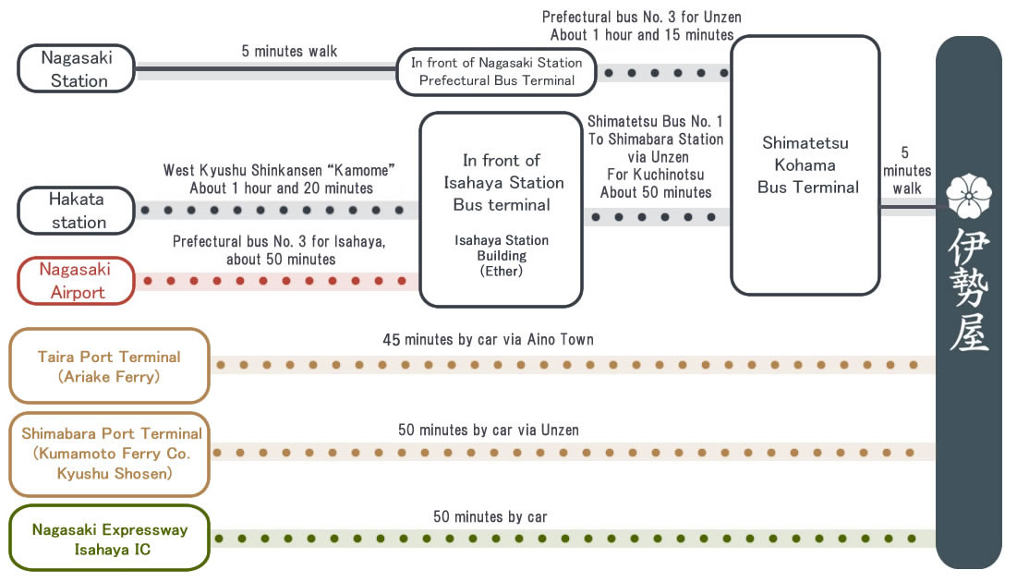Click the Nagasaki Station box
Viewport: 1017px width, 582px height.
78,69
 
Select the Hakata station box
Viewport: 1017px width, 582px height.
78,211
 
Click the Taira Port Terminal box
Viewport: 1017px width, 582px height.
109,366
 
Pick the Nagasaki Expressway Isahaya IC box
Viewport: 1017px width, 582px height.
109,540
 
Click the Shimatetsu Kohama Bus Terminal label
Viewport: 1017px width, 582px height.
805,165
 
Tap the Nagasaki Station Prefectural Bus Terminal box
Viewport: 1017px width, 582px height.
496,71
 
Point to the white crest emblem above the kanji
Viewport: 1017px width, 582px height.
969,192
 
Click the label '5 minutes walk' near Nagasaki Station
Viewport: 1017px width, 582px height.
289,52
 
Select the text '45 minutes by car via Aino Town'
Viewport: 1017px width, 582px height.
488,340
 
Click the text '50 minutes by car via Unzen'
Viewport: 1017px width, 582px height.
489,430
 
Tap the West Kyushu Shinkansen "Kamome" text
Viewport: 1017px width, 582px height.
279,170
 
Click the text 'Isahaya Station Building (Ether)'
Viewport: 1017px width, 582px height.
501,255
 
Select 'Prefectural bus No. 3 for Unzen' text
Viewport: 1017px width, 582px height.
641,18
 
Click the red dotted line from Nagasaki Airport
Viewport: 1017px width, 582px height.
277,281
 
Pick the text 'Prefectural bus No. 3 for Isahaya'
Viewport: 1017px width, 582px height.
280,242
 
